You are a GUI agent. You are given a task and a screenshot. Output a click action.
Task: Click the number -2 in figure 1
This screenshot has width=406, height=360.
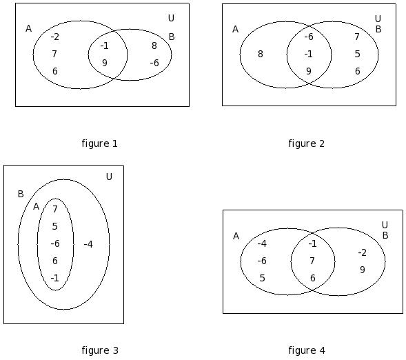55,37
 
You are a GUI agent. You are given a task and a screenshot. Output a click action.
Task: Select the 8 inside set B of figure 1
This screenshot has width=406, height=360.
154,46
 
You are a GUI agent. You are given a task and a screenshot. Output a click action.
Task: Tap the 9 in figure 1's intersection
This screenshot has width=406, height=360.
104,63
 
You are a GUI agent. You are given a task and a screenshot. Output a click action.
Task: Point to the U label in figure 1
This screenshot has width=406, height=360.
171,18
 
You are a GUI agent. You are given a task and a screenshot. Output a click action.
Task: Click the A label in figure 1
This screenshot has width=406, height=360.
28,28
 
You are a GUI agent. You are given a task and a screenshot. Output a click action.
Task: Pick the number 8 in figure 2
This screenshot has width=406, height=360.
261,54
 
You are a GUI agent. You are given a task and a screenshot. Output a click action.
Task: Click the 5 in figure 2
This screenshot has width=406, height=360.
357,54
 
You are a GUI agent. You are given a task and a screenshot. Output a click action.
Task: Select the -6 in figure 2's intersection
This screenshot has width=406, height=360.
309,37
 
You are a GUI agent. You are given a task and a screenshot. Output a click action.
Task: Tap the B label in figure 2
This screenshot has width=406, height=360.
378,29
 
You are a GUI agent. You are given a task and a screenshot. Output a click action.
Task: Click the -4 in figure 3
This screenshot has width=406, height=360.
88,244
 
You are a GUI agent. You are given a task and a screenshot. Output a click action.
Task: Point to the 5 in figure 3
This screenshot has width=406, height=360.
54,226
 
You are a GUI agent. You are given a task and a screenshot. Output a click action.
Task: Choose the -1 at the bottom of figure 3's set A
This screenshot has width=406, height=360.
55,278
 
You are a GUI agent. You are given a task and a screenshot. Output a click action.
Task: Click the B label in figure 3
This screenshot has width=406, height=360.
21,194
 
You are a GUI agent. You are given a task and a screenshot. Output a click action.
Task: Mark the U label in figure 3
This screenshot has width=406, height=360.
109,177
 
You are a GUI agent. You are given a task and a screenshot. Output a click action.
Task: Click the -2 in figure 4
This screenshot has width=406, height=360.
363,252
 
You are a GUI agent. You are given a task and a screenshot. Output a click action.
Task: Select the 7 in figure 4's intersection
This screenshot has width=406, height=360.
312,261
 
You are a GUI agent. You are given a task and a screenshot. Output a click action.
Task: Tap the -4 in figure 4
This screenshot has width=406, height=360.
262,243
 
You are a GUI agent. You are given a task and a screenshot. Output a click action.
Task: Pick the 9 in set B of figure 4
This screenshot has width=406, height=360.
363,270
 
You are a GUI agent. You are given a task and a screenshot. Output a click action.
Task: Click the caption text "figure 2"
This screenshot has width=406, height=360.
306,143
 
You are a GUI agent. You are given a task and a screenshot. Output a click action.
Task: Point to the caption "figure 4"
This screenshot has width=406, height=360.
307,350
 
